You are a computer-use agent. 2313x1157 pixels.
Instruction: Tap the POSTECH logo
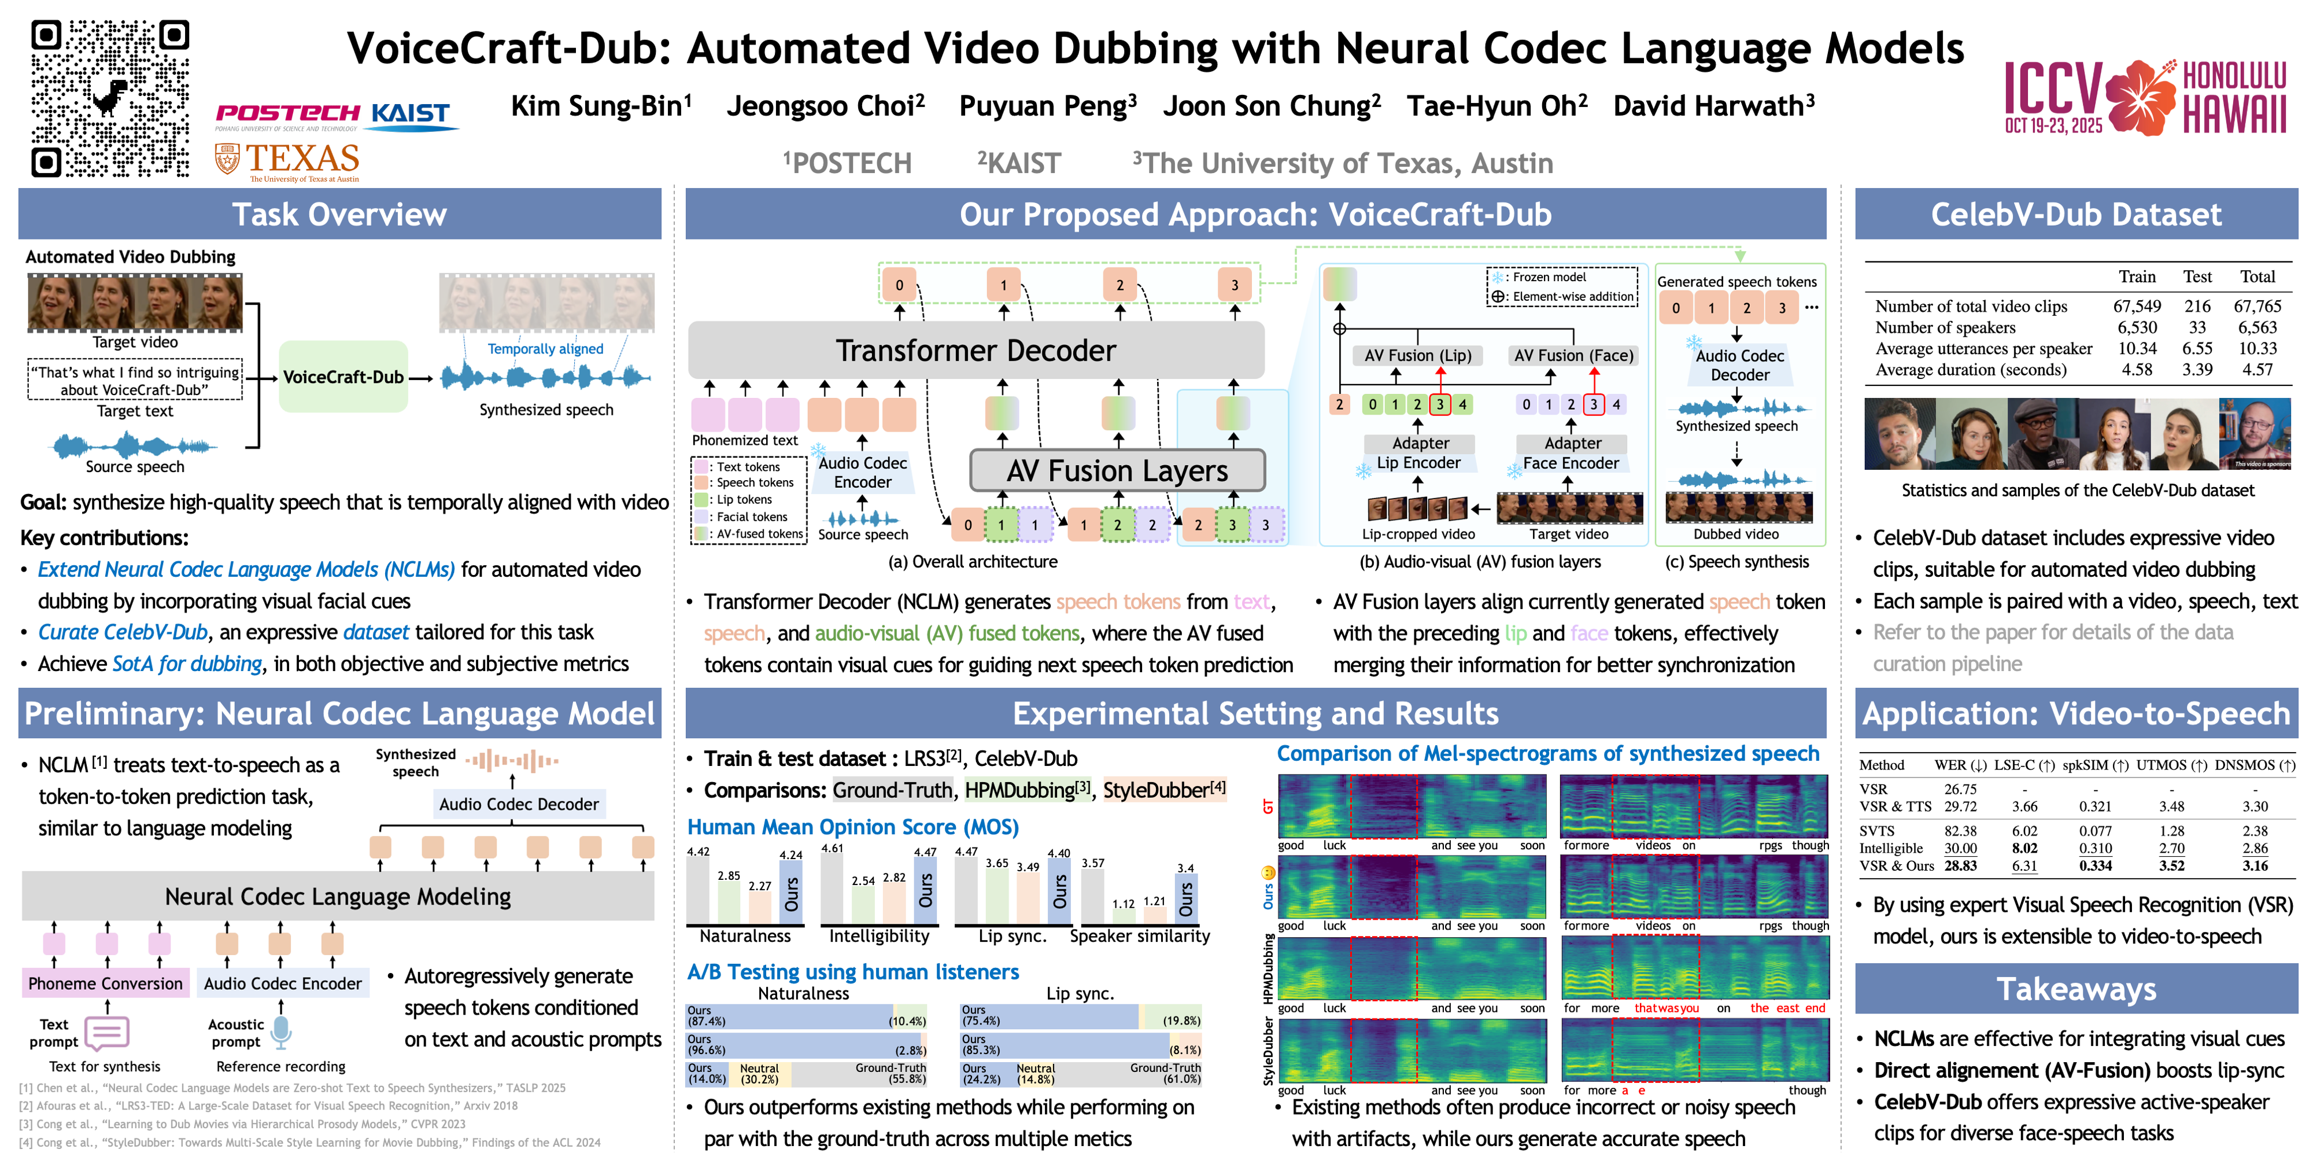tap(287, 113)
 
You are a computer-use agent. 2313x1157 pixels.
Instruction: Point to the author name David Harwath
tap(1713, 106)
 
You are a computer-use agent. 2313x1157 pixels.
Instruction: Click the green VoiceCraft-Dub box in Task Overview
tap(343, 377)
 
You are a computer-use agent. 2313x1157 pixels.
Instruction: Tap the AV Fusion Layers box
tap(1117, 471)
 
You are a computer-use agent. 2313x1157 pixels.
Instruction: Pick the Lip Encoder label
tap(1418, 463)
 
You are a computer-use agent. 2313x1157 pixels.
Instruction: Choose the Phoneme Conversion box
tap(105, 983)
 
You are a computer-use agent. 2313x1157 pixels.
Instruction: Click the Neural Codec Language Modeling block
tap(338, 897)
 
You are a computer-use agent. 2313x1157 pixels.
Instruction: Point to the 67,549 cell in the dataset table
tap(2137, 307)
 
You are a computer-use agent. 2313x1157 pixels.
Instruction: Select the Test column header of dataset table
tap(2197, 277)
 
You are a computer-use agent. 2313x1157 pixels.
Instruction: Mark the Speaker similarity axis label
tap(1139, 936)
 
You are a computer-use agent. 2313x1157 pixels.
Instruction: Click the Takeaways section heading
tap(2076, 989)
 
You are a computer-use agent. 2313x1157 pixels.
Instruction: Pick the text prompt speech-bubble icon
tap(108, 1033)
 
